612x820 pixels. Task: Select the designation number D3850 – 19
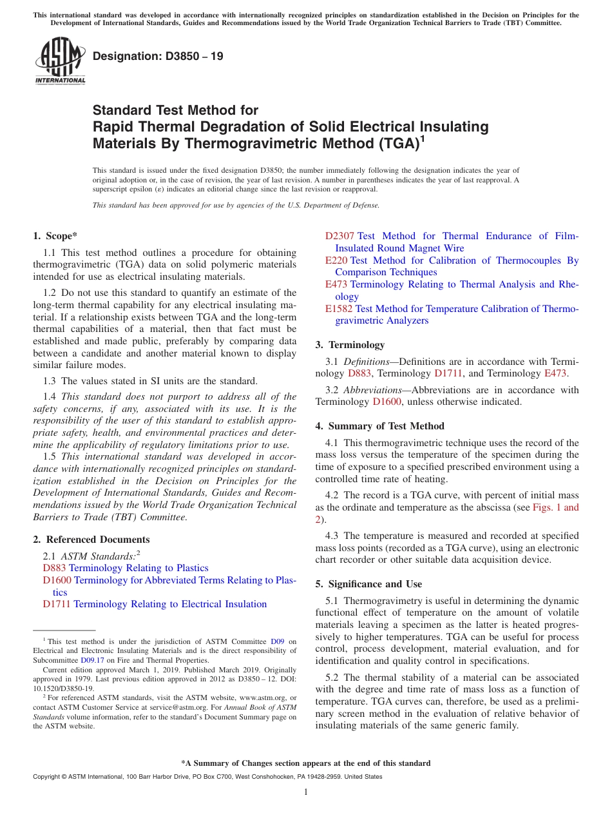point(158,56)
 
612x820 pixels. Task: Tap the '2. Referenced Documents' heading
point(91,540)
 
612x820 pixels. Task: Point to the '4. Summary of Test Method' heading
point(379,426)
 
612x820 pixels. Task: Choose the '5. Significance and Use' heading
point(368,584)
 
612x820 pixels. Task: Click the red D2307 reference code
point(339,236)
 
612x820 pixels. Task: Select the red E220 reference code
point(336,260)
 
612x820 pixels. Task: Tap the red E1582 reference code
point(339,309)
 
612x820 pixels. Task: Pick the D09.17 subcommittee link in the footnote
point(92,660)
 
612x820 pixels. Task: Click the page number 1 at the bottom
point(306,792)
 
